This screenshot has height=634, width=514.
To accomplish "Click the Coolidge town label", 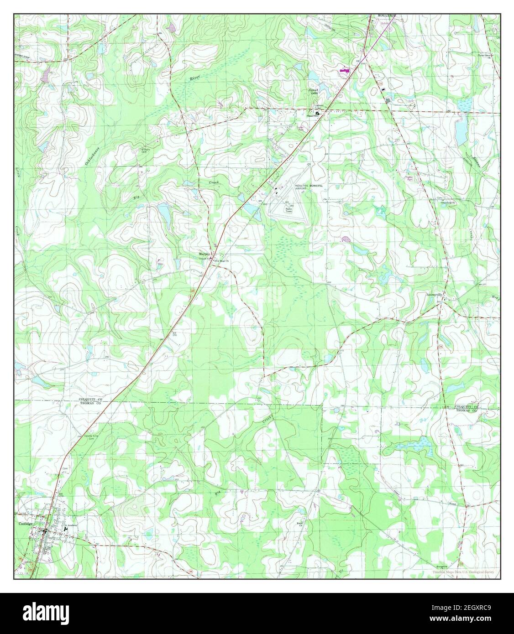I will coord(25,524).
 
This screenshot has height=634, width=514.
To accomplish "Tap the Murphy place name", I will coord(204,254).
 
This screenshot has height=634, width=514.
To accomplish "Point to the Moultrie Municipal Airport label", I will coord(306,187).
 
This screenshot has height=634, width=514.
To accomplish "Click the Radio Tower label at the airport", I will coord(288,210).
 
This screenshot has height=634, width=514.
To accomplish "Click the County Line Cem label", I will coord(91,437).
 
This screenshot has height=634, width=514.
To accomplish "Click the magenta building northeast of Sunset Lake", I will coord(344,71).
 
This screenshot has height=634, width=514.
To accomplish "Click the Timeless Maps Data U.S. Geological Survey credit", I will coord(466,572).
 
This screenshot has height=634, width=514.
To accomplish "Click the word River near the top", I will coord(195,78).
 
